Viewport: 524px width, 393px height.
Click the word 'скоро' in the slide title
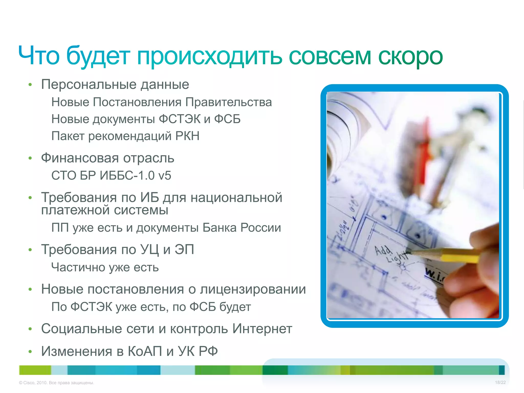(410, 57)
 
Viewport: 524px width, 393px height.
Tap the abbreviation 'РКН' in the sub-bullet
(187, 136)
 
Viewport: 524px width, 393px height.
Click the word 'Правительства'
(228, 102)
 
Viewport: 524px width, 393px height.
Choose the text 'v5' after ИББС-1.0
(165, 176)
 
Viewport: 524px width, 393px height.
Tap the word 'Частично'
(78, 267)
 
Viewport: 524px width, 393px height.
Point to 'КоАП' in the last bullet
(145, 351)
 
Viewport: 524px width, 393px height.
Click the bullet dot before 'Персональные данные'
(30, 85)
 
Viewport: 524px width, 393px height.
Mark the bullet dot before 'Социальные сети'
(30, 329)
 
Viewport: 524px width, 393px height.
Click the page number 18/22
(500, 383)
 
